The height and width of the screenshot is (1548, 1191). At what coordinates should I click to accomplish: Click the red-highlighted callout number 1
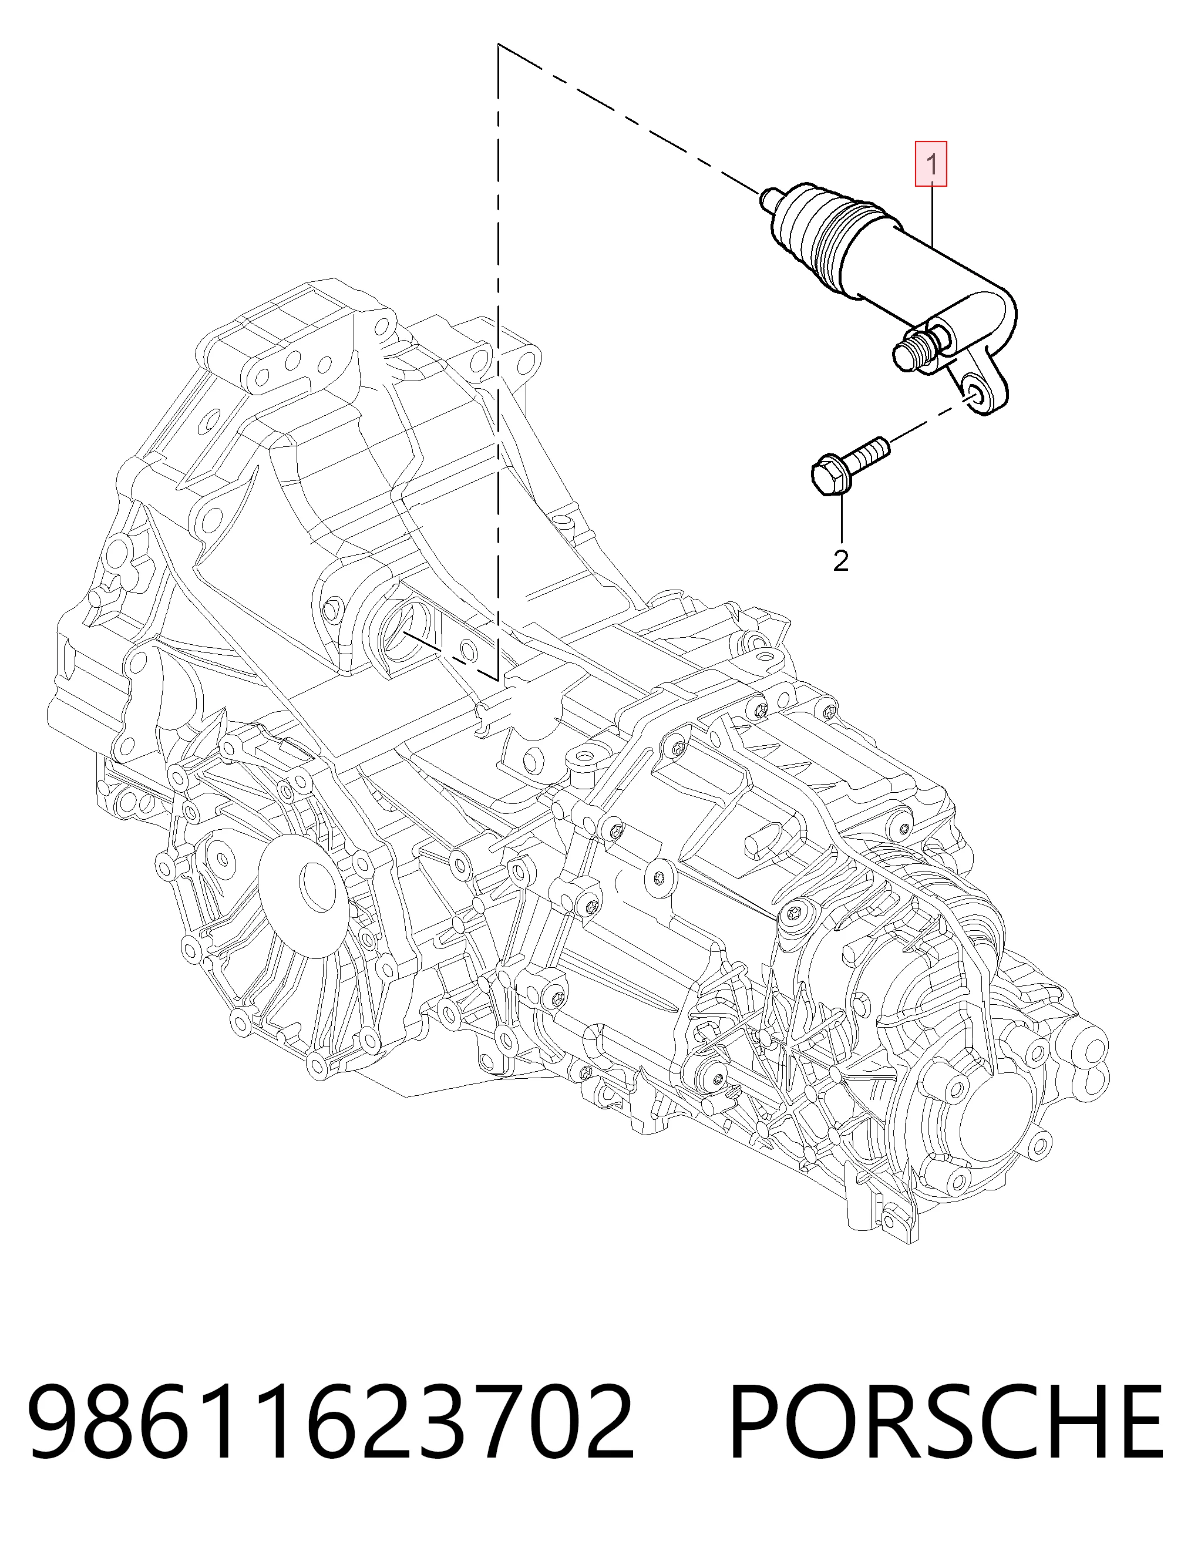(x=931, y=164)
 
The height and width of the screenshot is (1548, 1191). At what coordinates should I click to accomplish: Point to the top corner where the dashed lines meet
(x=499, y=45)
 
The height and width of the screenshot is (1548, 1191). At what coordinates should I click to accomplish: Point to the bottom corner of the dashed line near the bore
(x=499, y=678)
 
